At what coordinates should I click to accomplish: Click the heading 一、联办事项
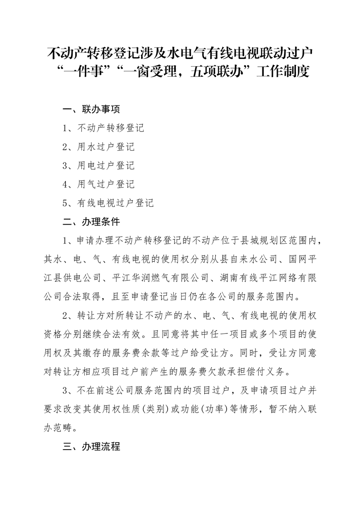pos(91,109)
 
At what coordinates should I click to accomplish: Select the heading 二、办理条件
pos(91,222)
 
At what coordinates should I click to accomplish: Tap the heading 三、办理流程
pos(91,446)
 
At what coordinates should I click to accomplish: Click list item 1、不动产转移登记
pos(104,128)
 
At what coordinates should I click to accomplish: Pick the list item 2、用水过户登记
pos(99,147)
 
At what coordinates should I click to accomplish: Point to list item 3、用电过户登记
pos(99,166)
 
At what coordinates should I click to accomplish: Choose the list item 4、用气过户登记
pos(99,184)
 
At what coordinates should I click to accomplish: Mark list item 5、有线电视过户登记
pos(108,203)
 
